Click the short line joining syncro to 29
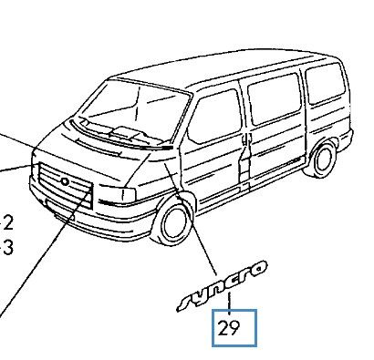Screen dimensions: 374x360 [x=230, y=303]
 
